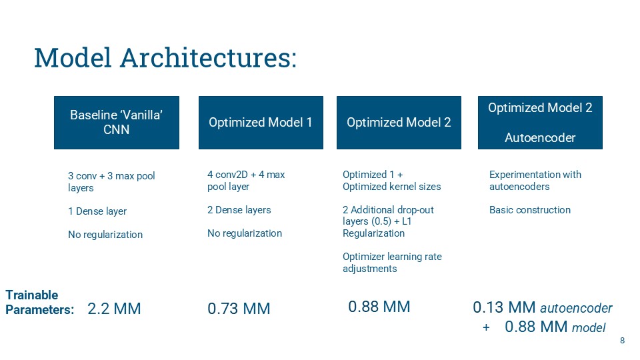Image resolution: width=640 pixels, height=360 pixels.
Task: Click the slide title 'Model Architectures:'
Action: pos(165,58)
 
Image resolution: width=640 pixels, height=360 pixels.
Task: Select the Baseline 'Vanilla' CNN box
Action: pos(116,123)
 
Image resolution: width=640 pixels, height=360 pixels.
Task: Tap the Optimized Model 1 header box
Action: pos(261,123)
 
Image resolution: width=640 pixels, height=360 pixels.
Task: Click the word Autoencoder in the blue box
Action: pos(540,137)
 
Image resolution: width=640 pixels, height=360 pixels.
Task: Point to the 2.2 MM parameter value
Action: pos(114,309)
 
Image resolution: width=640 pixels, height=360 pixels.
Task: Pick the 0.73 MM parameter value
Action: pos(239,309)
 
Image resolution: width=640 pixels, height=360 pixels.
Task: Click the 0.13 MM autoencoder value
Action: pos(543,307)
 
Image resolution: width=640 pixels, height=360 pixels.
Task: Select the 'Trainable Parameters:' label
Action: pos(39,302)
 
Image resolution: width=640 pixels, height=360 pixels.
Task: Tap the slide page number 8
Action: pos(622,341)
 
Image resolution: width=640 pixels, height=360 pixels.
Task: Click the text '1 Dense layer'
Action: pos(97,211)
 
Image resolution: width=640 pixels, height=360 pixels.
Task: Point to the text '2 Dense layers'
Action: pos(239,210)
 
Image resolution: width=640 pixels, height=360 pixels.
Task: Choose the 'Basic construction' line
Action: pos(530,210)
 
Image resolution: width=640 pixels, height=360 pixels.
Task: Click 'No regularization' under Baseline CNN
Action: pos(105,235)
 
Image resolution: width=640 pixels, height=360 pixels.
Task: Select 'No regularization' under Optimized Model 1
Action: pos(245,233)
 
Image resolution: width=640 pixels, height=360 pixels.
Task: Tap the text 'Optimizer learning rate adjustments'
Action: pos(392,263)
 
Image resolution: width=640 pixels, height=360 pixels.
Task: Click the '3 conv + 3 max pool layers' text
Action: pos(111,181)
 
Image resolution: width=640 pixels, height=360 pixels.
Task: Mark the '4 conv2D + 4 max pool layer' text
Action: pos(246,181)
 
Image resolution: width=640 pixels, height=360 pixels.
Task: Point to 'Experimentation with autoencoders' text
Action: pos(535,181)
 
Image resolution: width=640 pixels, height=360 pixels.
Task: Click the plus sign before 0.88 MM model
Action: pos(486,327)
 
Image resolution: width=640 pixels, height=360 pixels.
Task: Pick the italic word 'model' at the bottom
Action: pos(589,327)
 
